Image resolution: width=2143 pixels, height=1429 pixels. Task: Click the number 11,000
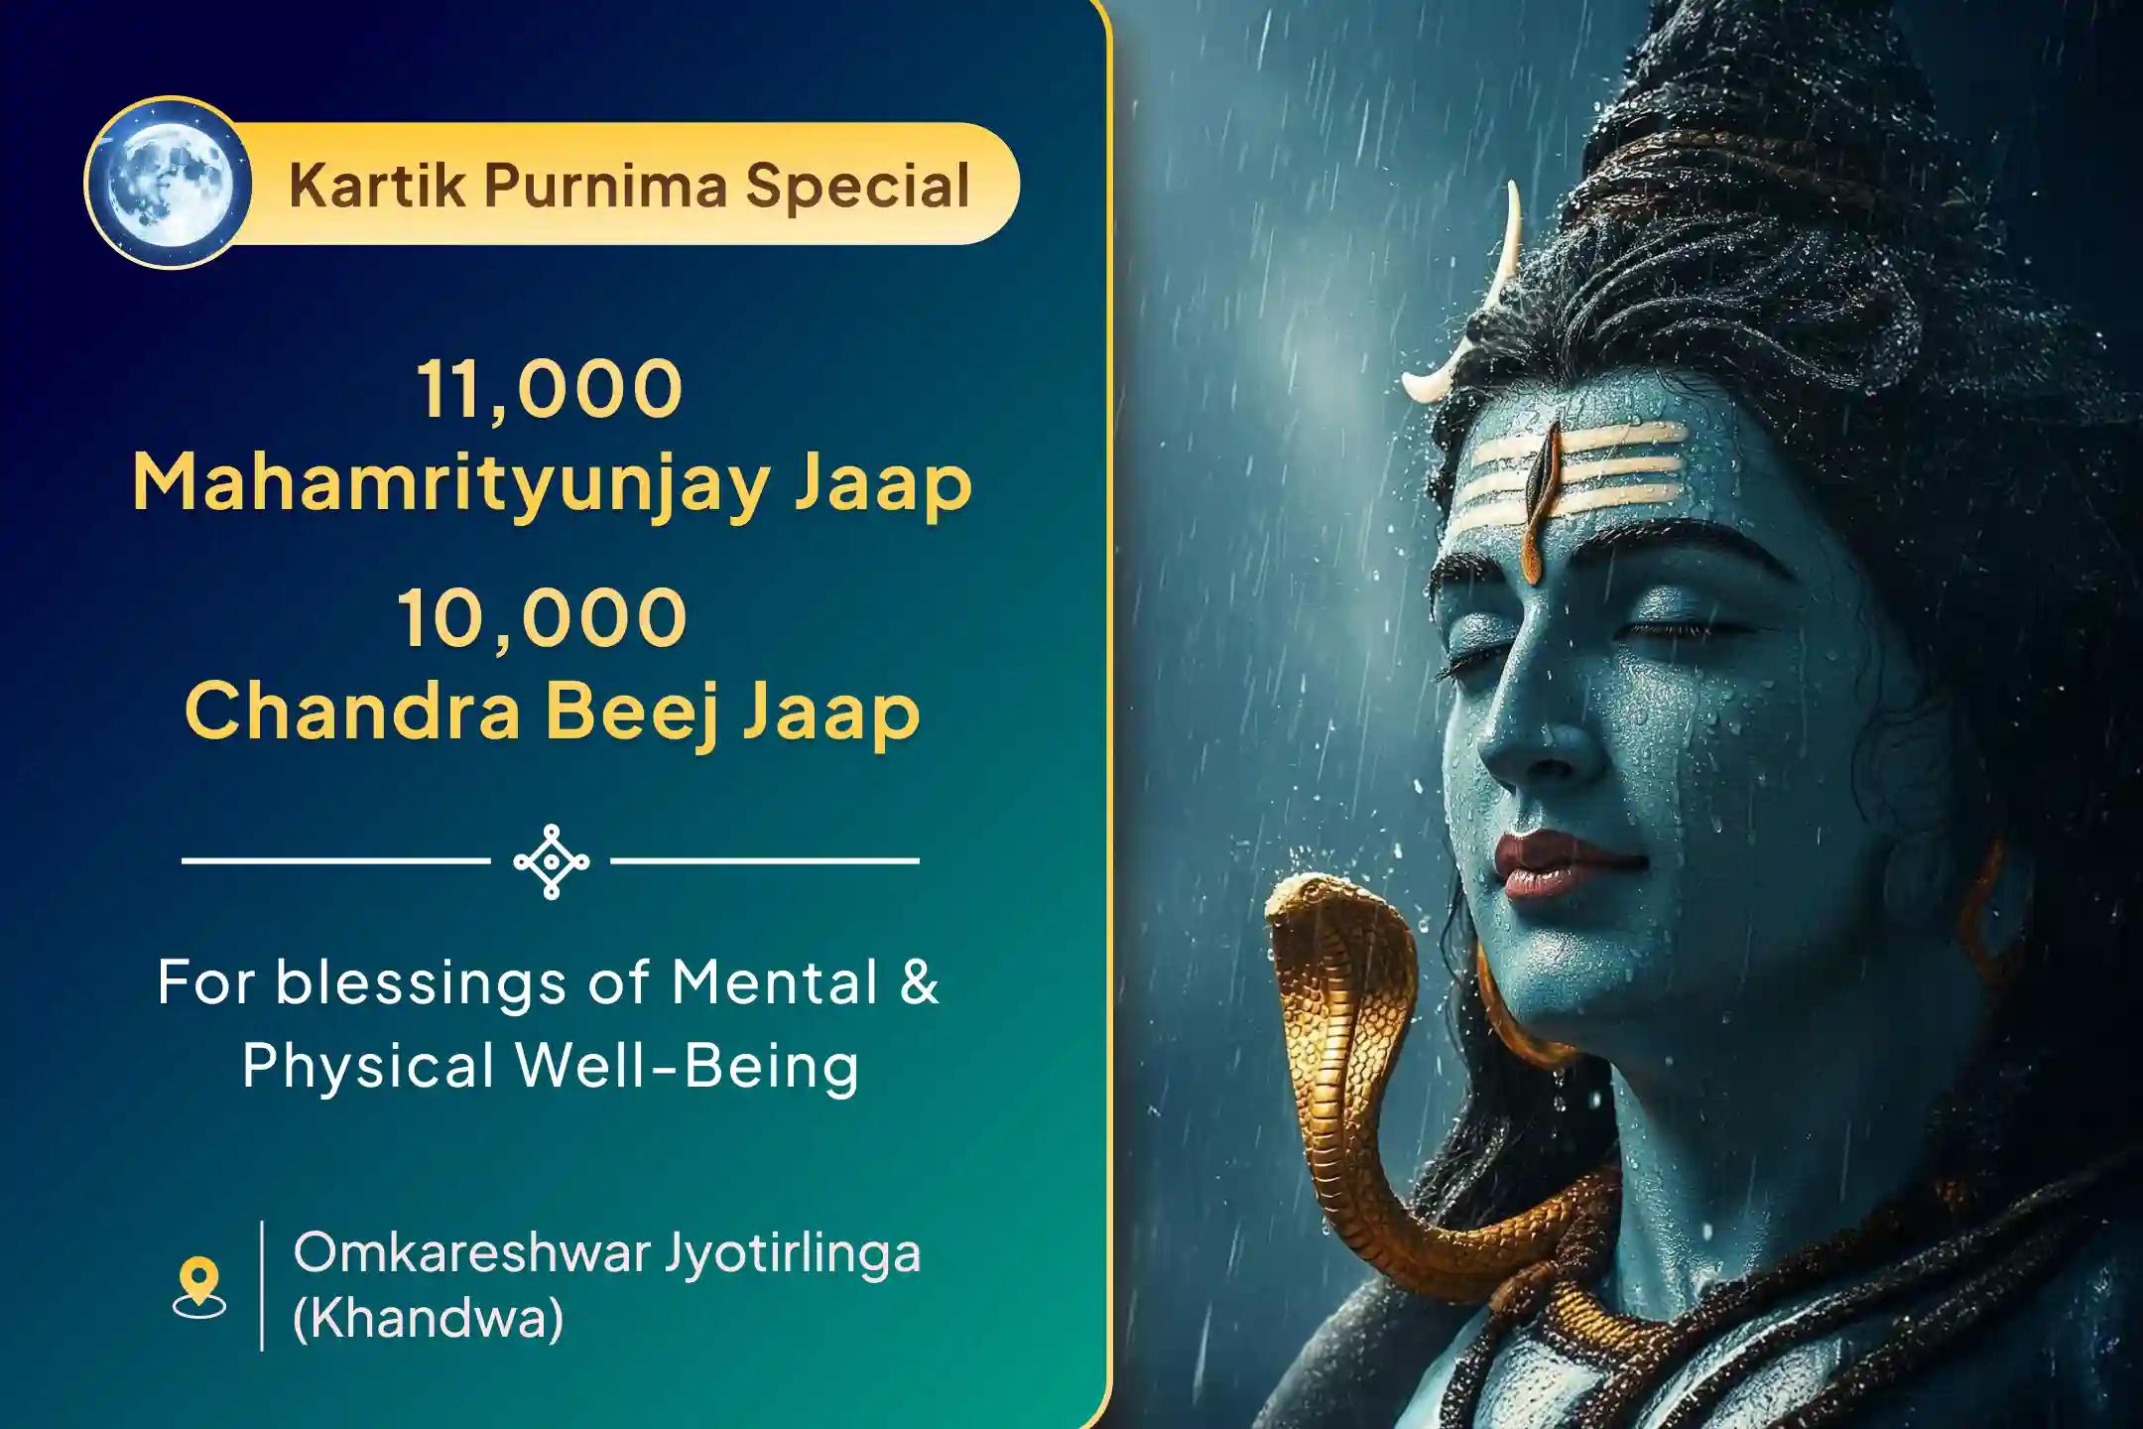tap(550, 389)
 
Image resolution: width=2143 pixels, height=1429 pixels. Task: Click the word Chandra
tap(352, 712)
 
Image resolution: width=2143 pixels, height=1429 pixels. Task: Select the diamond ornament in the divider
tap(552, 861)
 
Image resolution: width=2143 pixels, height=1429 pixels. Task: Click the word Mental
tap(776, 982)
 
